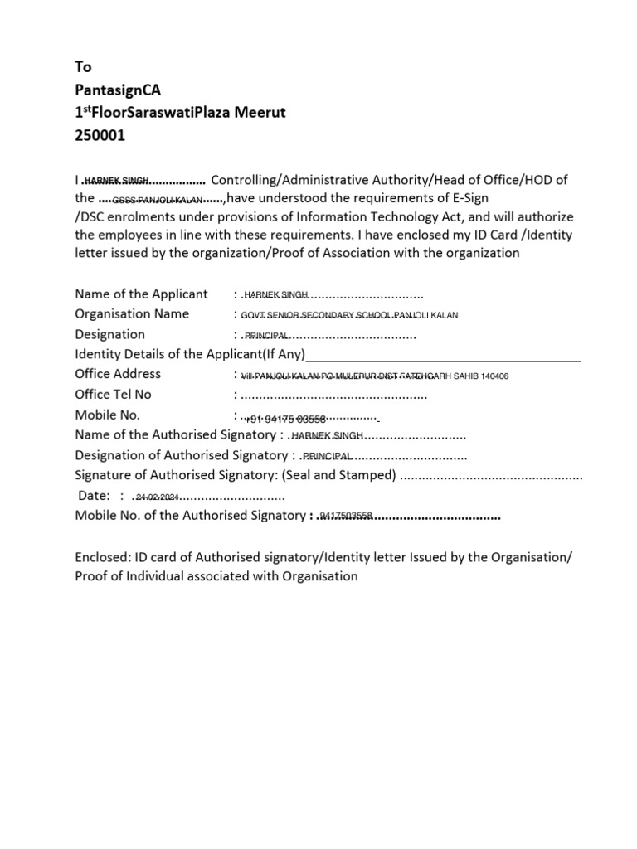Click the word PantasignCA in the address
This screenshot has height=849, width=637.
click(113, 90)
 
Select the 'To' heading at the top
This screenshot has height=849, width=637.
click(83, 67)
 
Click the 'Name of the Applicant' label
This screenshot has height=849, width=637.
click(141, 294)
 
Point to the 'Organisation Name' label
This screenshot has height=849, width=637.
click(132, 314)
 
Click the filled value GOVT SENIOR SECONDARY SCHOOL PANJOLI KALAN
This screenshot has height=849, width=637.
click(349, 316)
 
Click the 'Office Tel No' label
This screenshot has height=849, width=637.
click(114, 395)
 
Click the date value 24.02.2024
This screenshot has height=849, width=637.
click(158, 497)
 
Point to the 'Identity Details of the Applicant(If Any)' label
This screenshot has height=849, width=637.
click(190, 355)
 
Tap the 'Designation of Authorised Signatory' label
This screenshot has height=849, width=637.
click(181, 455)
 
